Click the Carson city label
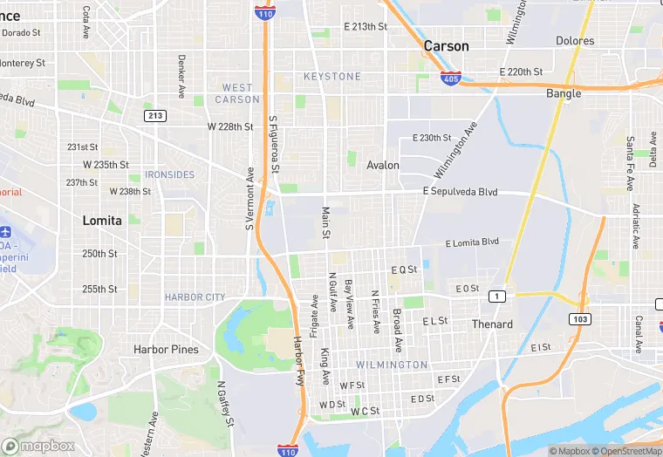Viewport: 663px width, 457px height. [446, 46]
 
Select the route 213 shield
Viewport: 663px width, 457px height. [155, 115]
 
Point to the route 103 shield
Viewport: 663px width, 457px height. [580, 319]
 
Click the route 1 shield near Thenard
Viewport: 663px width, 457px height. [496, 297]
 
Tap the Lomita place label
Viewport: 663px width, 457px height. [102, 221]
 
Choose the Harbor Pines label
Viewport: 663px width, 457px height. [166, 350]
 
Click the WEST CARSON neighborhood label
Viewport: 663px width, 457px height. [237, 93]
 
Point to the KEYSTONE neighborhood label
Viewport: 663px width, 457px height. [331, 77]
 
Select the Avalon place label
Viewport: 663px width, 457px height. [383, 165]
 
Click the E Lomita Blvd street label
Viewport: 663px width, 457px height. [471, 242]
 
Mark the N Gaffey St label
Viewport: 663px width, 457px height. [224, 403]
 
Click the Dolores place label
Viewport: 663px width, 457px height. [575, 41]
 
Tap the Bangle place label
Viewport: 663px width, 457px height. [564, 93]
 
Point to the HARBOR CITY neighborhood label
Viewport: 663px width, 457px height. [195, 297]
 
